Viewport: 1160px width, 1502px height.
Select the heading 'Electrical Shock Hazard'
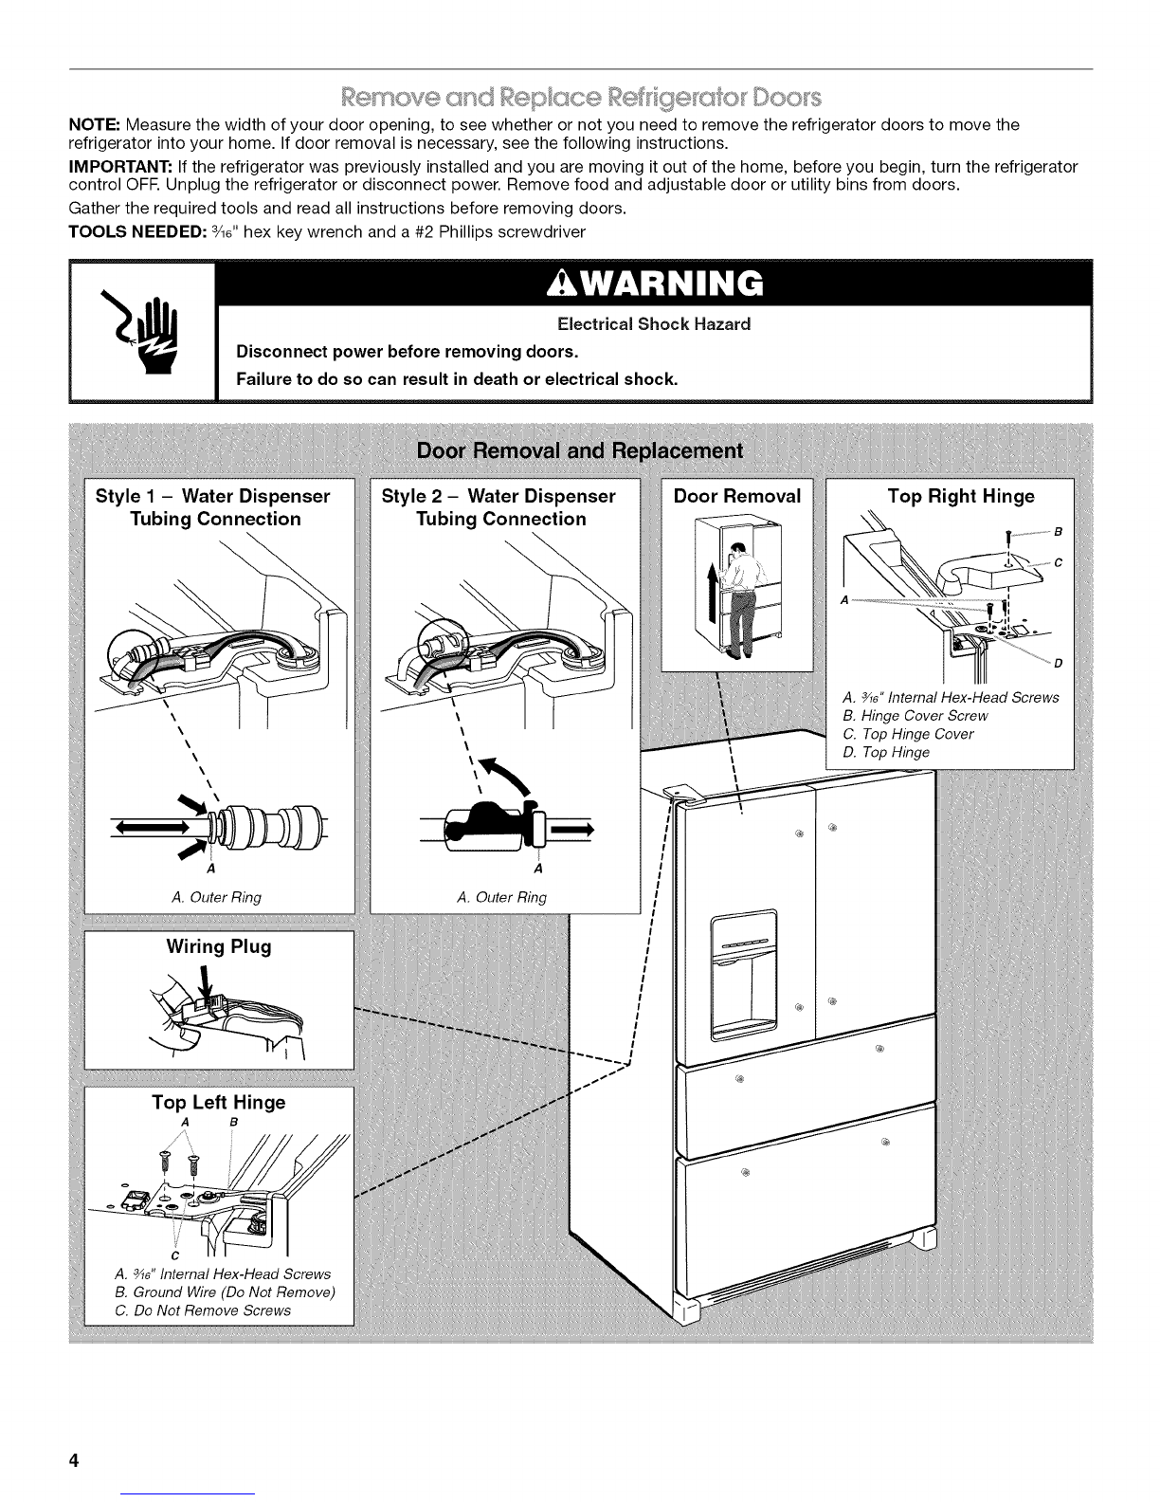654,324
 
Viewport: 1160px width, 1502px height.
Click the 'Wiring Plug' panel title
219,947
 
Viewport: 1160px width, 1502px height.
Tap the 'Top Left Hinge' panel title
219,1102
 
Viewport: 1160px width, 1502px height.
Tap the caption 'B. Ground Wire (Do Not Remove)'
224,1292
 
